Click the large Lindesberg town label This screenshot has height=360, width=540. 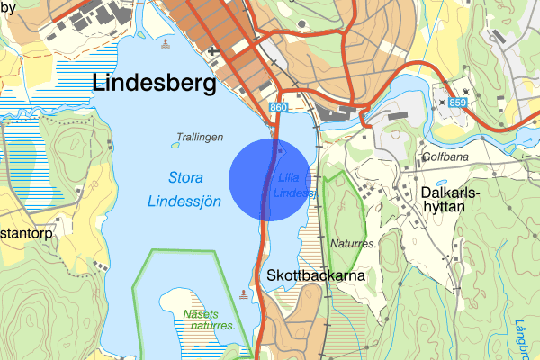click(x=155, y=84)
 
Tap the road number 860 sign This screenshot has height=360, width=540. click(x=278, y=108)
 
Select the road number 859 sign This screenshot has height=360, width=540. click(x=458, y=103)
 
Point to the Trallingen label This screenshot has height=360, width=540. click(x=200, y=137)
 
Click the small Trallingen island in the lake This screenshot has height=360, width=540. click(x=175, y=144)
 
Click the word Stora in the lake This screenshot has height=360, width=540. click(x=184, y=177)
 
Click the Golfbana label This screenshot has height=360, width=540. click(x=448, y=157)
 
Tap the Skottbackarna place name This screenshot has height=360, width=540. click(x=315, y=275)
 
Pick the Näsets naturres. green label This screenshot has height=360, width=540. click(x=208, y=319)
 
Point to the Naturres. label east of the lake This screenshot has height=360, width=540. click(x=353, y=243)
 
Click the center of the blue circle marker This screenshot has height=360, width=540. click(x=270, y=179)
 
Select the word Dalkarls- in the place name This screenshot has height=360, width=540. click(x=451, y=193)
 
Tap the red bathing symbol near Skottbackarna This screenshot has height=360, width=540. click(x=243, y=294)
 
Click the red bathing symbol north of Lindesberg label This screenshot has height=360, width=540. click(x=165, y=42)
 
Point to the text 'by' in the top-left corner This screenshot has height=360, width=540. click(x=8, y=6)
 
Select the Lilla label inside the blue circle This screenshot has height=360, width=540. click(x=289, y=176)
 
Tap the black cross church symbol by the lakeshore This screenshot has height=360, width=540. click(x=212, y=52)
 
